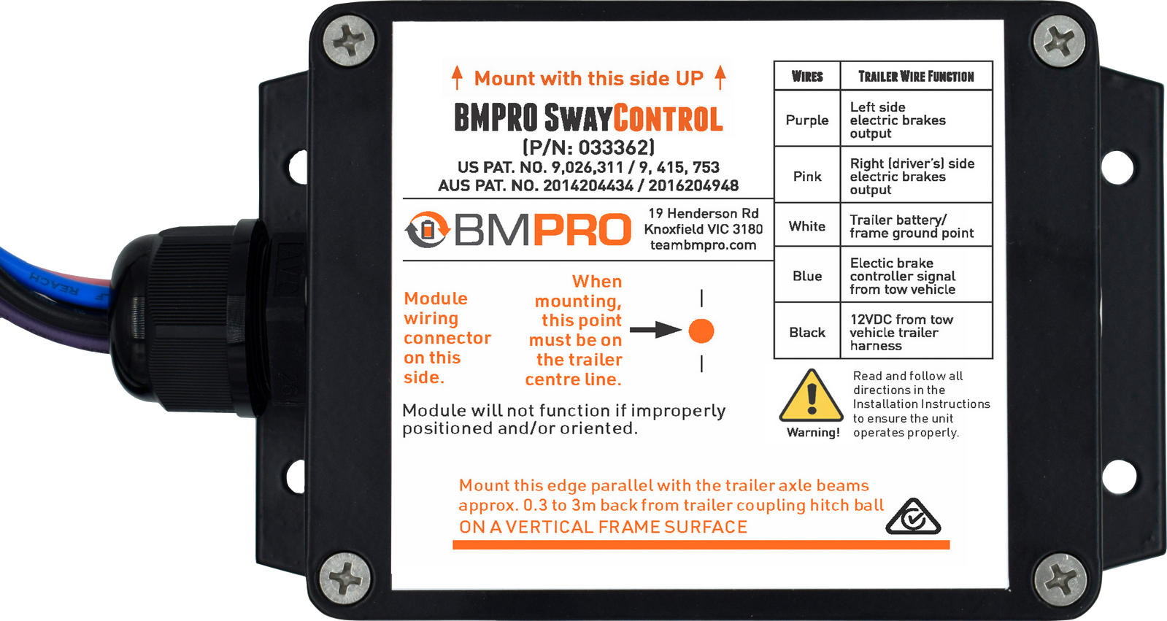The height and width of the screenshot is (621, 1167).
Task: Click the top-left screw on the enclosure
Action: pyautogui.click(x=348, y=41)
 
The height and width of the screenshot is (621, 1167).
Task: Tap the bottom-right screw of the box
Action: pyautogui.click(x=1060, y=579)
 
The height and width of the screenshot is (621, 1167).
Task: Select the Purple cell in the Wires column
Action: pyautogui.click(x=807, y=120)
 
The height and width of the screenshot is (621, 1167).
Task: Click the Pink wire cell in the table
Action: pyautogui.click(x=807, y=176)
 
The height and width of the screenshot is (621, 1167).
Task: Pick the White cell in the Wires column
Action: pyautogui.click(x=807, y=226)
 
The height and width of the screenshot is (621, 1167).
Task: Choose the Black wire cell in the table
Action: pyautogui.click(x=807, y=332)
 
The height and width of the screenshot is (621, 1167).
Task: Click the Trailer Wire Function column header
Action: pyautogui.click(x=916, y=77)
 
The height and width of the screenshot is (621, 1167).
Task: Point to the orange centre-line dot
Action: pyautogui.click(x=701, y=331)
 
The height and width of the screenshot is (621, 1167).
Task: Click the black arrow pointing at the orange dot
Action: pyautogui.click(x=655, y=329)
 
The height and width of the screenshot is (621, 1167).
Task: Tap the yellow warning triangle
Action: pyautogui.click(x=811, y=396)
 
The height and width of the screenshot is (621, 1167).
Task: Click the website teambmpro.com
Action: pyautogui.click(x=703, y=245)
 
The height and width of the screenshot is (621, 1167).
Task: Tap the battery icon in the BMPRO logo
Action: pyautogui.click(x=428, y=229)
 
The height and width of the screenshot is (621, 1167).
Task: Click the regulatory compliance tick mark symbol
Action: pyautogui.click(x=913, y=517)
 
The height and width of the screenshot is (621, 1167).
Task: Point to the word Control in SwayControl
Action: pyautogui.click(x=668, y=117)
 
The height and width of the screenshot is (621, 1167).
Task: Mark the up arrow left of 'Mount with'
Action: pyautogui.click(x=457, y=77)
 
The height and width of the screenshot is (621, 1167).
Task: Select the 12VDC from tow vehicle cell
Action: pyautogui.click(x=917, y=332)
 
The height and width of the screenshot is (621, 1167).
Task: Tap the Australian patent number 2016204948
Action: pyautogui.click(x=693, y=185)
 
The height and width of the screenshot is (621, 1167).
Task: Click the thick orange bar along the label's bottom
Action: pyautogui.click(x=701, y=545)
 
